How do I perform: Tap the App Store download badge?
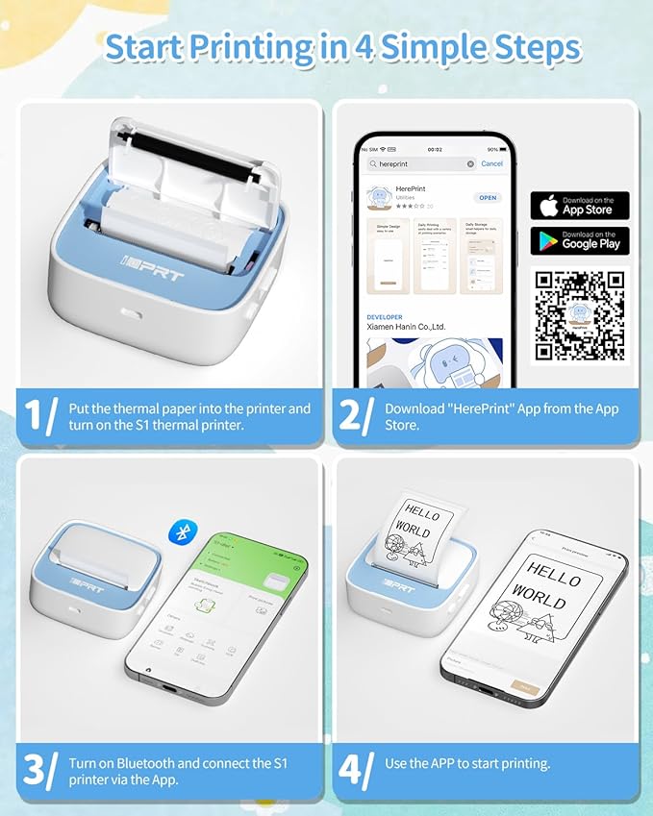click(579, 206)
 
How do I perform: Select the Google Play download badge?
click(579, 240)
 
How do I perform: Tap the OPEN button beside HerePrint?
click(488, 198)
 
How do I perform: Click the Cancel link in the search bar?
click(491, 164)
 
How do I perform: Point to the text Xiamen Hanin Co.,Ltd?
click(406, 327)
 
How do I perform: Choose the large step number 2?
click(352, 416)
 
